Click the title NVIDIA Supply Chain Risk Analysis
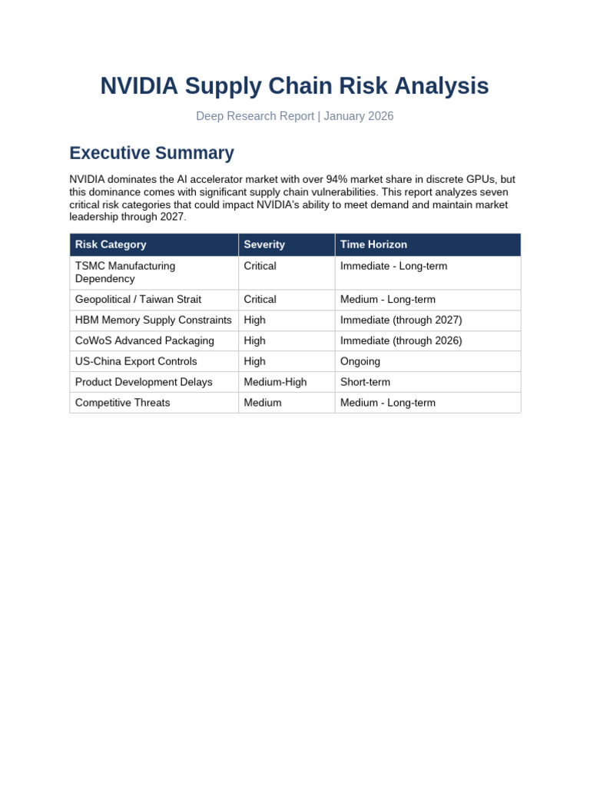294,86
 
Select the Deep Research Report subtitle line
294,116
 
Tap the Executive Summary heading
151,153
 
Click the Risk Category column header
111,244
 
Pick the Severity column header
264,244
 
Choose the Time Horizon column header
373,244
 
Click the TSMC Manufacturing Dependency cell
125,272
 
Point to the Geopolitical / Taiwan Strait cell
138,299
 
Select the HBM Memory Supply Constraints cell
153,320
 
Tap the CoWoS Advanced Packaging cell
144,340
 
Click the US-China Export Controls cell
136,361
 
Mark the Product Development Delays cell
144,382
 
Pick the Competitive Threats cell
123,403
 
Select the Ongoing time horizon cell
360,361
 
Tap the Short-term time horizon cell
365,382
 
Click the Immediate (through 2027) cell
401,320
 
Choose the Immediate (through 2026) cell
401,340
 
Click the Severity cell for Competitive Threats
263,403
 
